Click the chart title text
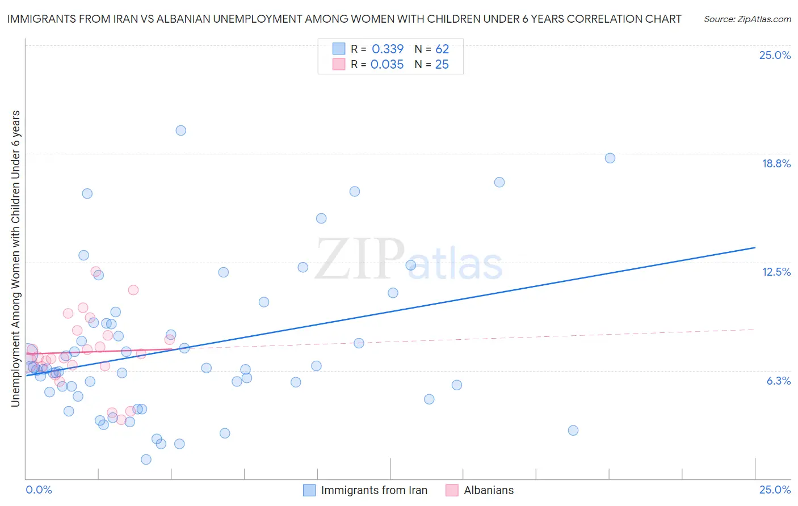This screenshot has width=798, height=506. [x=344, y=19]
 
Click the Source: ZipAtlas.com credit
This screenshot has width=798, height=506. [x=747, y=19]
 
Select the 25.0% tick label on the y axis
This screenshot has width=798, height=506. [x=775, y=55]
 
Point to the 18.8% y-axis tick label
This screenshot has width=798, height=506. [x=776, y=163]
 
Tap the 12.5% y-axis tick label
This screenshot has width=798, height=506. [x=776, y=272]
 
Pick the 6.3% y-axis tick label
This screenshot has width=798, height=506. [x=778, y=381]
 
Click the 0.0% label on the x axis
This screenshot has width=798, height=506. [x=39, y=490]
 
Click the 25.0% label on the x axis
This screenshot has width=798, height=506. [x=775, y=490]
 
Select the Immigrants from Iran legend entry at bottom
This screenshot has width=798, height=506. [x=366, y=490]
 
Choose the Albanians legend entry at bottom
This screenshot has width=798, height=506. [x=480, y=490]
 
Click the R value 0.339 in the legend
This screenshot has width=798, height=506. [x=388, y=49]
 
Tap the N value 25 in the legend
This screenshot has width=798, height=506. [x=442, y=65]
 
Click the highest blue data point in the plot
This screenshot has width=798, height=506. [x=180, y=130]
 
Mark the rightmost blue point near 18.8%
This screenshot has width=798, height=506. [x=610, y=158]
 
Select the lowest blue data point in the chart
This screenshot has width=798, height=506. [x=146, y=459]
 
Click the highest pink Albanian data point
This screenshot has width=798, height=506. [x=95, y=272]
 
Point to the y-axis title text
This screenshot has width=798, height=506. [x=15, y=259]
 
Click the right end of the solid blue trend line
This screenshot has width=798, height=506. [x=755, y=247]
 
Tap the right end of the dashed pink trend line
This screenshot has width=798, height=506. [x=754, y=329]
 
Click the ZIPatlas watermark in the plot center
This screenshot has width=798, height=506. [x=409, y=260]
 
